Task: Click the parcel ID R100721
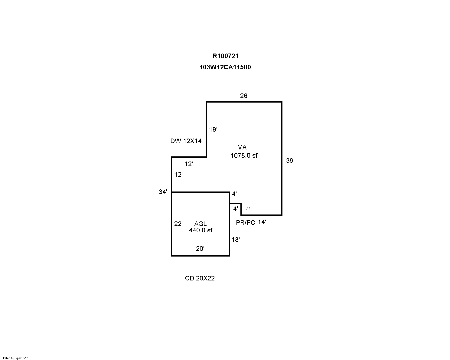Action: [x=226, y=56]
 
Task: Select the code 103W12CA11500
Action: [x=225, y=67]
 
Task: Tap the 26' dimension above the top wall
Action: [x=244, y=96]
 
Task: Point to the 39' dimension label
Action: [x=290, y=161]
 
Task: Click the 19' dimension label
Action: [x=213, y=129]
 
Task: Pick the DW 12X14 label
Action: [x=186, y=141]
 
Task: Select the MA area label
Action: [x=242, y=147]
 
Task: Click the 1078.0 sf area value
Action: [x=244, y=155]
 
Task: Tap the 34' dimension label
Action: [x=163, y=192]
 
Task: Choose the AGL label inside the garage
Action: [x=201, y=224]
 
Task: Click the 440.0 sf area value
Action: [x=201, y=230]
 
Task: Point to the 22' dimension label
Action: [x=178, y=224]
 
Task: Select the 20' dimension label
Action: [x=200, y=248]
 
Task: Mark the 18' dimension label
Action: [x=236, y=240]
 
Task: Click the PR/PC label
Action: [x=246, y=223]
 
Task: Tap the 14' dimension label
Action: [x=262, y=222]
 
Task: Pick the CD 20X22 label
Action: [x=200, y=278]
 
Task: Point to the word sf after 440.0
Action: [x=210, y=230]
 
